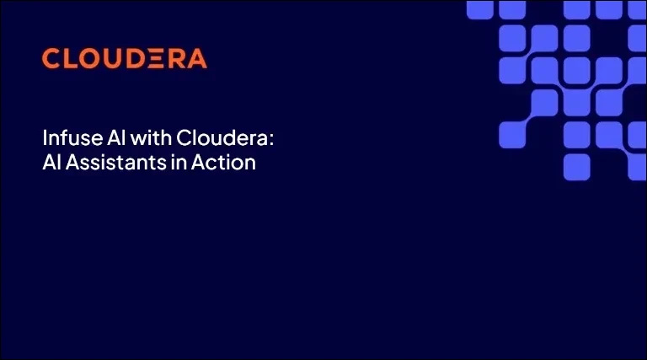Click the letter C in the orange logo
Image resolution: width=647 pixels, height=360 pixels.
click(51, 58)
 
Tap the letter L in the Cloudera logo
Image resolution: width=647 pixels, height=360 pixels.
click(68, 58)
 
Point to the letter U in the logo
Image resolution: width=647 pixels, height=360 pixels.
click(110, 59)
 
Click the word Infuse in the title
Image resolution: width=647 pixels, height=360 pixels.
click(72, 137)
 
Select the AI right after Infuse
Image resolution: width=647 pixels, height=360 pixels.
click(116, 138)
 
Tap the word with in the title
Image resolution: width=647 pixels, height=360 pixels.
click(151, 137)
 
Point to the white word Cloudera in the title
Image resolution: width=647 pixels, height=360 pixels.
click(222, 137)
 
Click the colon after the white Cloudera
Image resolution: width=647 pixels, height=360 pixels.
click(271, 140)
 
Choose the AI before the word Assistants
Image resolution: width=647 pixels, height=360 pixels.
click(52, 162)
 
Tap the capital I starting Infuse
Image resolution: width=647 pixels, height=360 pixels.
click(45, 138)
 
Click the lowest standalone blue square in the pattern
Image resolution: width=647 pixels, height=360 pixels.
click(576, 167)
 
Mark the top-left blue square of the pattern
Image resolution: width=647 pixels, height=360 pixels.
click(480, 10)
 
